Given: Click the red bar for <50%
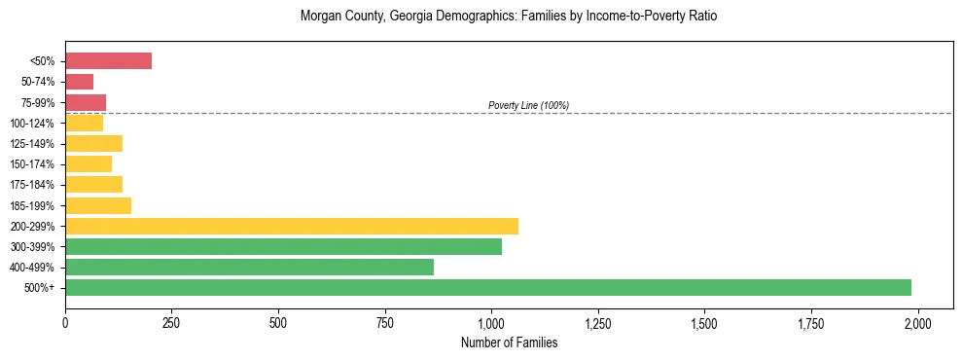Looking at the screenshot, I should tap(108, 61).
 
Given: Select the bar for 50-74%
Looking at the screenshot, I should tap(79, 82).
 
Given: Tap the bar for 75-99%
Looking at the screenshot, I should tap(86, 102).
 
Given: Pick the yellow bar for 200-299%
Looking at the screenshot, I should tap(292, 226).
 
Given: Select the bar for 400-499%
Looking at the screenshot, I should tap(249, 267).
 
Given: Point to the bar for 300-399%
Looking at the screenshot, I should tap(283, 246).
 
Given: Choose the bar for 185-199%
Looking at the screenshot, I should tap(98, 205).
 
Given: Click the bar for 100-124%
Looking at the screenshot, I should tap(84, 123).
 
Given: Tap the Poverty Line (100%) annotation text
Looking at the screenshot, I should tap(528, 105).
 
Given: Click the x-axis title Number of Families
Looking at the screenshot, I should tap(509, 342).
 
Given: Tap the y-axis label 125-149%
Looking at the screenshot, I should tap(32, 144).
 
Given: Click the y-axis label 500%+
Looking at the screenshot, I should tap(40, 288).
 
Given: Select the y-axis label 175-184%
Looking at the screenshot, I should tap(32, 185).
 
